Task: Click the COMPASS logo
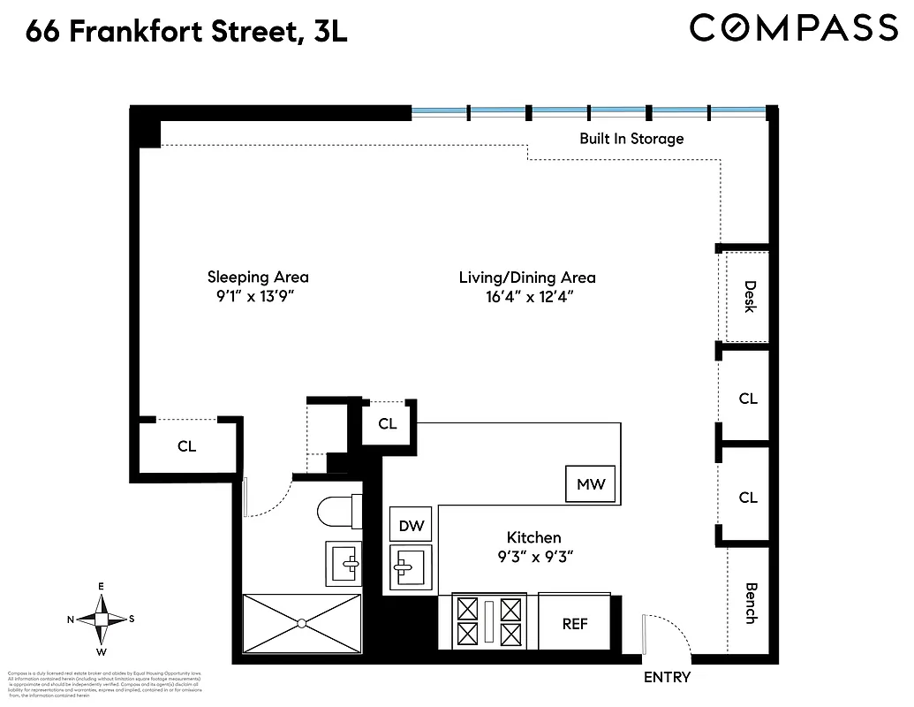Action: point(793,28)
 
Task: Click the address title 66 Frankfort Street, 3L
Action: point(186,33)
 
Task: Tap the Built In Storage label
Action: point(631,139)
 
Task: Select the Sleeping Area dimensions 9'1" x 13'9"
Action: point(258,298)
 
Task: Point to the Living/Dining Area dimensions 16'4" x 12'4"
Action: point(527,298)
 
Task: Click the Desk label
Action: point(749,296)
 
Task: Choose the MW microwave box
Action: point(591,484)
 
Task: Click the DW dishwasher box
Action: point(412,526)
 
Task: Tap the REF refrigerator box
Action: point(575,624)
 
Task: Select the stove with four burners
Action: point(487,621)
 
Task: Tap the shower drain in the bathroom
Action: point(302,623)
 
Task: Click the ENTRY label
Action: point(667,678)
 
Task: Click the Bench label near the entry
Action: point(751,603)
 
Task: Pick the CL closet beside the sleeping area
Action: point(186,446)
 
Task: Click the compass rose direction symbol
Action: point(102,620)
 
